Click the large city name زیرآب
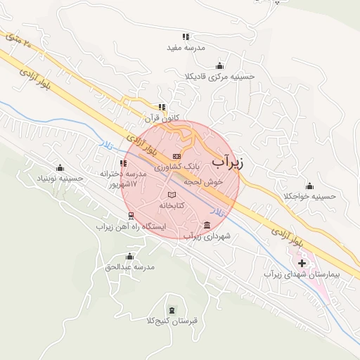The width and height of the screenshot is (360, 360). point(226,162)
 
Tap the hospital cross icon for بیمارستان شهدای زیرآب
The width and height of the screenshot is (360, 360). point(302,263)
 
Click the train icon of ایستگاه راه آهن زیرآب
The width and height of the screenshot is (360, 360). point(123,216)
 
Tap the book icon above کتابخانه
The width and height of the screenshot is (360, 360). point(171,195)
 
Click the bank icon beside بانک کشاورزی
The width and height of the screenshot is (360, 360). point(176,155)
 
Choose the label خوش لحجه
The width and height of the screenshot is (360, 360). point(203,181)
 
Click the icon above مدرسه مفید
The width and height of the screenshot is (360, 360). point(186,36)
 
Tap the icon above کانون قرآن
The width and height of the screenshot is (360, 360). point(162,107)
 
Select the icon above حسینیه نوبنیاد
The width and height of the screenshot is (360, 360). point(60,167)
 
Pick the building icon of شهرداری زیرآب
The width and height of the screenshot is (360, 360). point(206,225)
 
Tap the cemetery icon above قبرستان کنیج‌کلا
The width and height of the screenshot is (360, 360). point(173,310)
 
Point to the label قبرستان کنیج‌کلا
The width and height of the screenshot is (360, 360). point(172,321)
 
